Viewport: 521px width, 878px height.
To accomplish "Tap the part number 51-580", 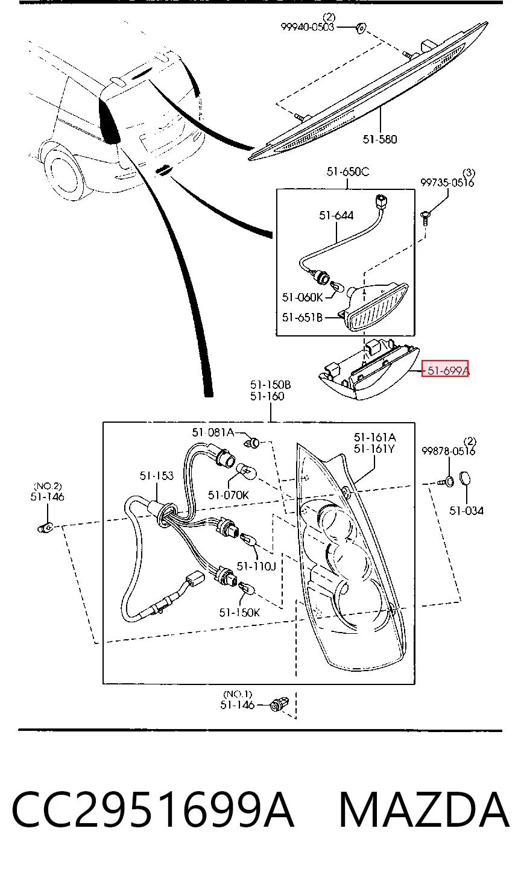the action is coord(379,139).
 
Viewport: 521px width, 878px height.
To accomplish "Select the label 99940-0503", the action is coord(308,27).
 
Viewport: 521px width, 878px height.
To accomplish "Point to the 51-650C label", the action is coord(348,172).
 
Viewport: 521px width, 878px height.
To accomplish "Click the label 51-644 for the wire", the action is coord(336,215).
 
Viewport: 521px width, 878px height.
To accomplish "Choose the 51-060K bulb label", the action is coord(302,297).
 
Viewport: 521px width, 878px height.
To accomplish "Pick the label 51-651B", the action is coord(302,317).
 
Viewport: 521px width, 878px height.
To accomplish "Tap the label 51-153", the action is coord(156,475).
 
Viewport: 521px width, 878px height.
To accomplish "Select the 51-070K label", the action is coord(228,495).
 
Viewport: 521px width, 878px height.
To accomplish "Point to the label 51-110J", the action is coord(256,566).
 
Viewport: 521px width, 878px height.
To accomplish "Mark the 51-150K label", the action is coord(239,612).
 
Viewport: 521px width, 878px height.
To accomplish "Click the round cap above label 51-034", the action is coord(464,479).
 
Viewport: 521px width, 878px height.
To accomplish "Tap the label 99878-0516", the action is coord(448,451).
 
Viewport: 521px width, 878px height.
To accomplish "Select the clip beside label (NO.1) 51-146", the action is coord(279,705).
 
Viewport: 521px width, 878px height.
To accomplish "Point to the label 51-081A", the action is coord(213,432).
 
